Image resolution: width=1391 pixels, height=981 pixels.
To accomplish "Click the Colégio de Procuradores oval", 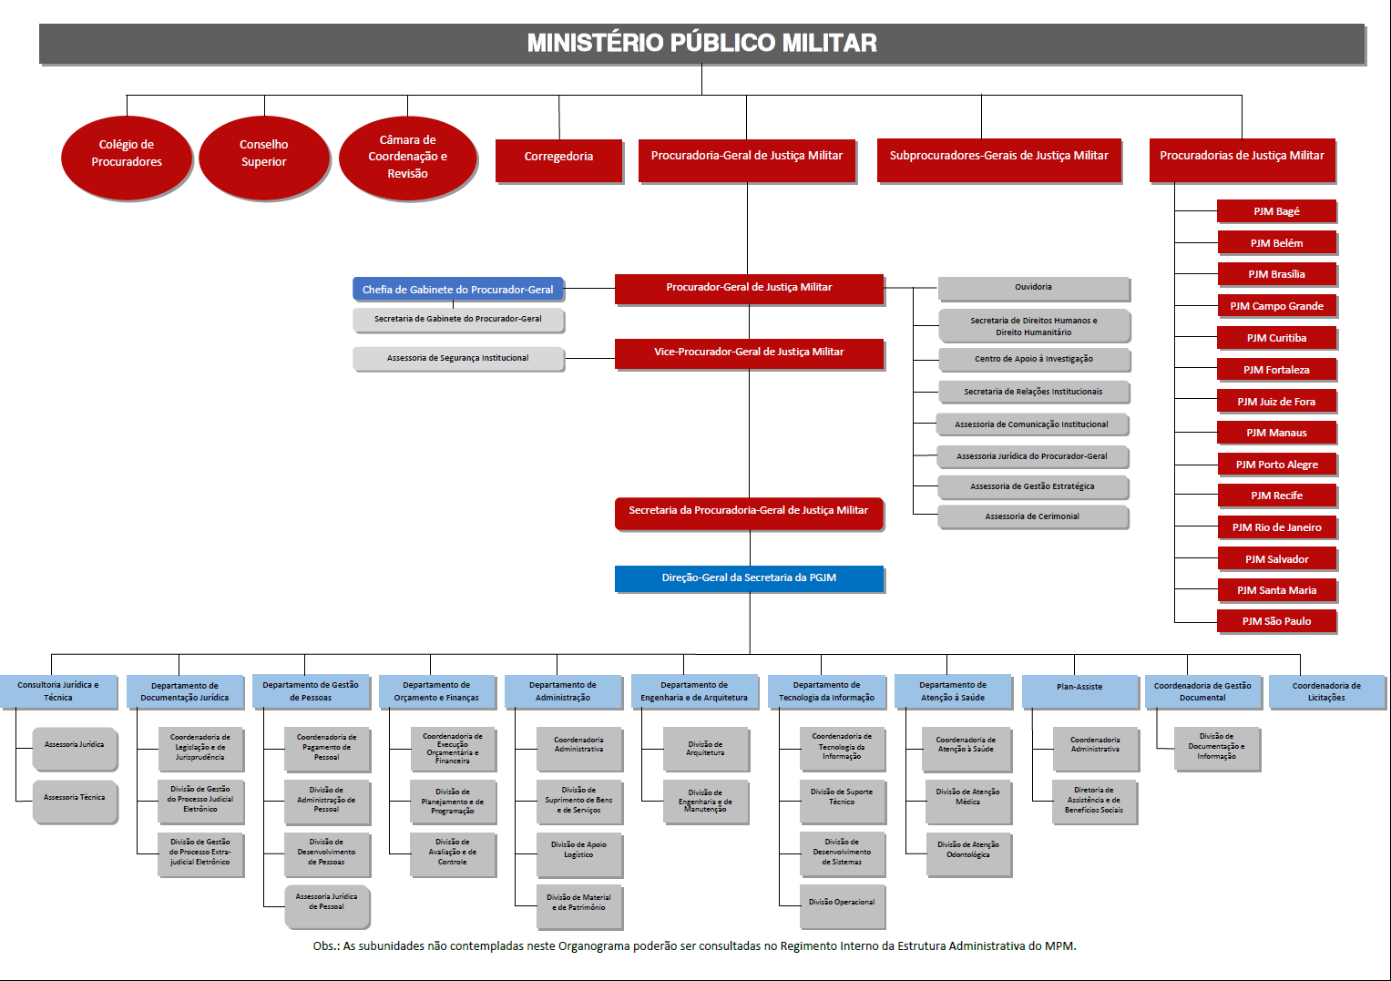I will click(x=127, y=154).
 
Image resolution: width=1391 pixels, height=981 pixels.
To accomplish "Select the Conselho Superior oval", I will click(x=263, y=154).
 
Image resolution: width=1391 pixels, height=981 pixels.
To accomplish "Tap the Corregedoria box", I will click(x=558, y=158).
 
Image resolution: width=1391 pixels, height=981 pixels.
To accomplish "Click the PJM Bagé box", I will click(x=1276, y=211).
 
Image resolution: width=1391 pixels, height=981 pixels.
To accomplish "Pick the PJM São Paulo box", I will click(x=1276, y=621).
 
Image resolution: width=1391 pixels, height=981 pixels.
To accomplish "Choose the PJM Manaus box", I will click(x=1276, y=433).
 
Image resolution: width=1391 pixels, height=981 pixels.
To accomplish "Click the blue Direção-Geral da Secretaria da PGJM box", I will click(x=749, y=578).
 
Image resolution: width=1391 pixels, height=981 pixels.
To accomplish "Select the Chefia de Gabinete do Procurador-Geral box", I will click(x=457, y=290).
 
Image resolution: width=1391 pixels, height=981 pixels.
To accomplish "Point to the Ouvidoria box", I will click(x=1033, y=288).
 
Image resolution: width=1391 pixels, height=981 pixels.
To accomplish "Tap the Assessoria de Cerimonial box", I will click(x=1032, y=517).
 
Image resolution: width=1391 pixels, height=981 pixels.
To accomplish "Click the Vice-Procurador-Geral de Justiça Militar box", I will click(x=749, y=353).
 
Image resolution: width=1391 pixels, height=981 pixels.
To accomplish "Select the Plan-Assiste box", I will click(x=1079, y=689).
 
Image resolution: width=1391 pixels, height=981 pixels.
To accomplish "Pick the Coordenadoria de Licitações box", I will click(x=1326, y=692).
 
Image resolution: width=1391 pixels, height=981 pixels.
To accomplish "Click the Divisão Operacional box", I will click(x=842, y=903).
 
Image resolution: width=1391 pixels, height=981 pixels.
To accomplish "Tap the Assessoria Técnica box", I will click(x=75, y=799).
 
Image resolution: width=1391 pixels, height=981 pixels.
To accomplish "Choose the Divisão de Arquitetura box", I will click(x=705, y=749).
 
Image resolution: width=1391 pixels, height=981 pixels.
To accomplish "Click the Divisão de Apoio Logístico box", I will click(x=578, y=850).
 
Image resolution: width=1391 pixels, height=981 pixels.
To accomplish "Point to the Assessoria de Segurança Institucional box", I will click(x=457, y=359).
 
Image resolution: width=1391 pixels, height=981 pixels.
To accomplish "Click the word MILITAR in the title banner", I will click(x=827, y=44).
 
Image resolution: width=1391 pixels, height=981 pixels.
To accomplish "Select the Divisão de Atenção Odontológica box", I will click(x=967, y=851).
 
